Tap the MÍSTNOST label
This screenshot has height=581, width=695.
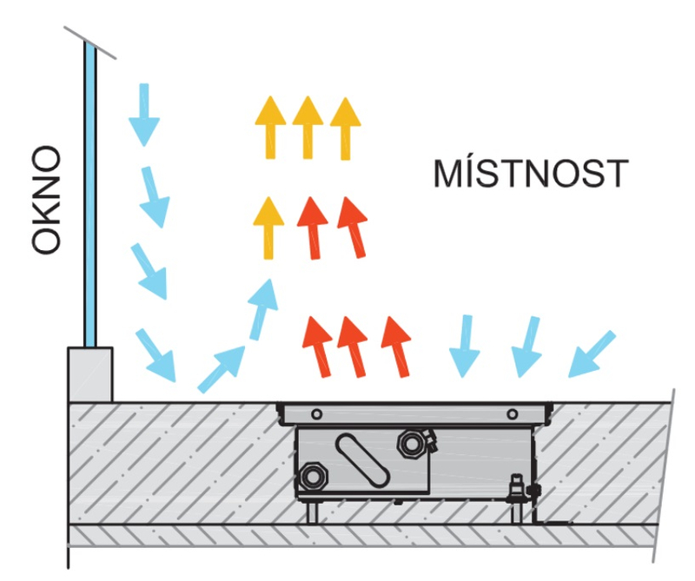tap(529, 174)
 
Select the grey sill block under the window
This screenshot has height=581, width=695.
tap(90, 374)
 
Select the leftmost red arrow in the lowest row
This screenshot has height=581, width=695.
tap(315, 346)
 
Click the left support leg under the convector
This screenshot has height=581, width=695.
tap(310, 512)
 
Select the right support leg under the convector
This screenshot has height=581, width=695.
tap(519, 512)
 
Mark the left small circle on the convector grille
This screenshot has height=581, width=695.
tap(317, 413)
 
